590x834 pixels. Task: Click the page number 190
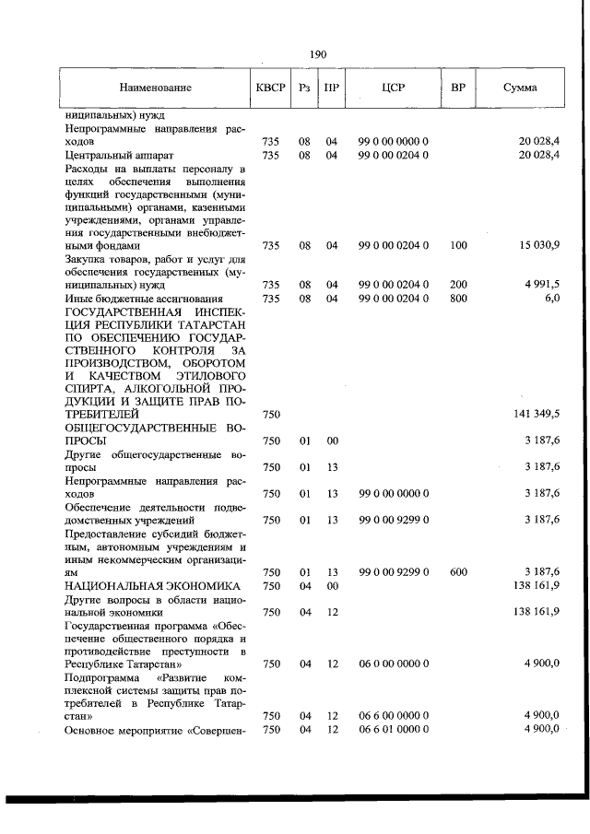(x=319, y=54)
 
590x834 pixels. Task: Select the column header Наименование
(x=155, y=88)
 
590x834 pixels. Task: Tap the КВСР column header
(x=271, y=88)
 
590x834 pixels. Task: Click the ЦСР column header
(x=394, y=88)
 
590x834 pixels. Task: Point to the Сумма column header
(x=521, y=88)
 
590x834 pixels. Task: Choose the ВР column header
(x=458, y=88)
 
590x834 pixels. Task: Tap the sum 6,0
(x=551, y=299)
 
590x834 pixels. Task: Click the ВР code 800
(x=458, y=299)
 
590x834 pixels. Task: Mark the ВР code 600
(x=458, y=572)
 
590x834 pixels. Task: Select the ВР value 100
(x=458, y=246)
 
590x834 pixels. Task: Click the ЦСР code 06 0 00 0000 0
(x=394, y=663)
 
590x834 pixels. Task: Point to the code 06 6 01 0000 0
(x=394, y=729)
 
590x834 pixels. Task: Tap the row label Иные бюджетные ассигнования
(x=144, y=299)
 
